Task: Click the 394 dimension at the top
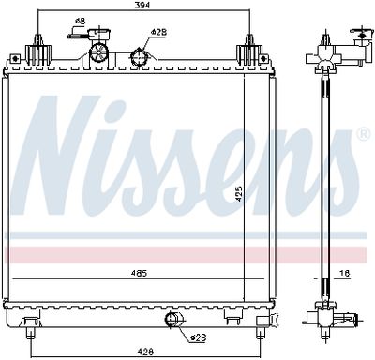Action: coord(142,7)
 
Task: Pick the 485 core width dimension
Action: coord(140,274)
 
